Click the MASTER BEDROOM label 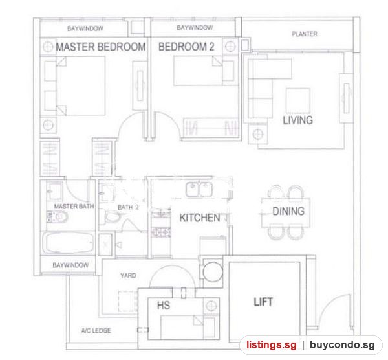coord(101,47)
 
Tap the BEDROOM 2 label coord(186,47)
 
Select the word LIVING coord(298,120)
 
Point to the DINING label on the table coord(288,211)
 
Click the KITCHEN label coord(200,218)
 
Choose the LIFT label coord(263,302)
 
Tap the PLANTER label coord(305,34)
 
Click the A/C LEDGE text coord(96,330)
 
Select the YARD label coord(128,276)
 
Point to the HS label coord(164,306)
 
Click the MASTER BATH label coord(74,206)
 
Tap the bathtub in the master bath coord(68,242)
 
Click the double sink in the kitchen coord(199,190)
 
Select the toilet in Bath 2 coord(112,216)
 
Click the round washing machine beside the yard coord(213,271)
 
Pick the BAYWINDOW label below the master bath coord(70,265)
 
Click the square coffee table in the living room coord(298,100)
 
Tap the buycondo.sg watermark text coord(342,345)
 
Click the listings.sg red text coord(271,345)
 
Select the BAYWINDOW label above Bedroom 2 coord(195,27)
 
